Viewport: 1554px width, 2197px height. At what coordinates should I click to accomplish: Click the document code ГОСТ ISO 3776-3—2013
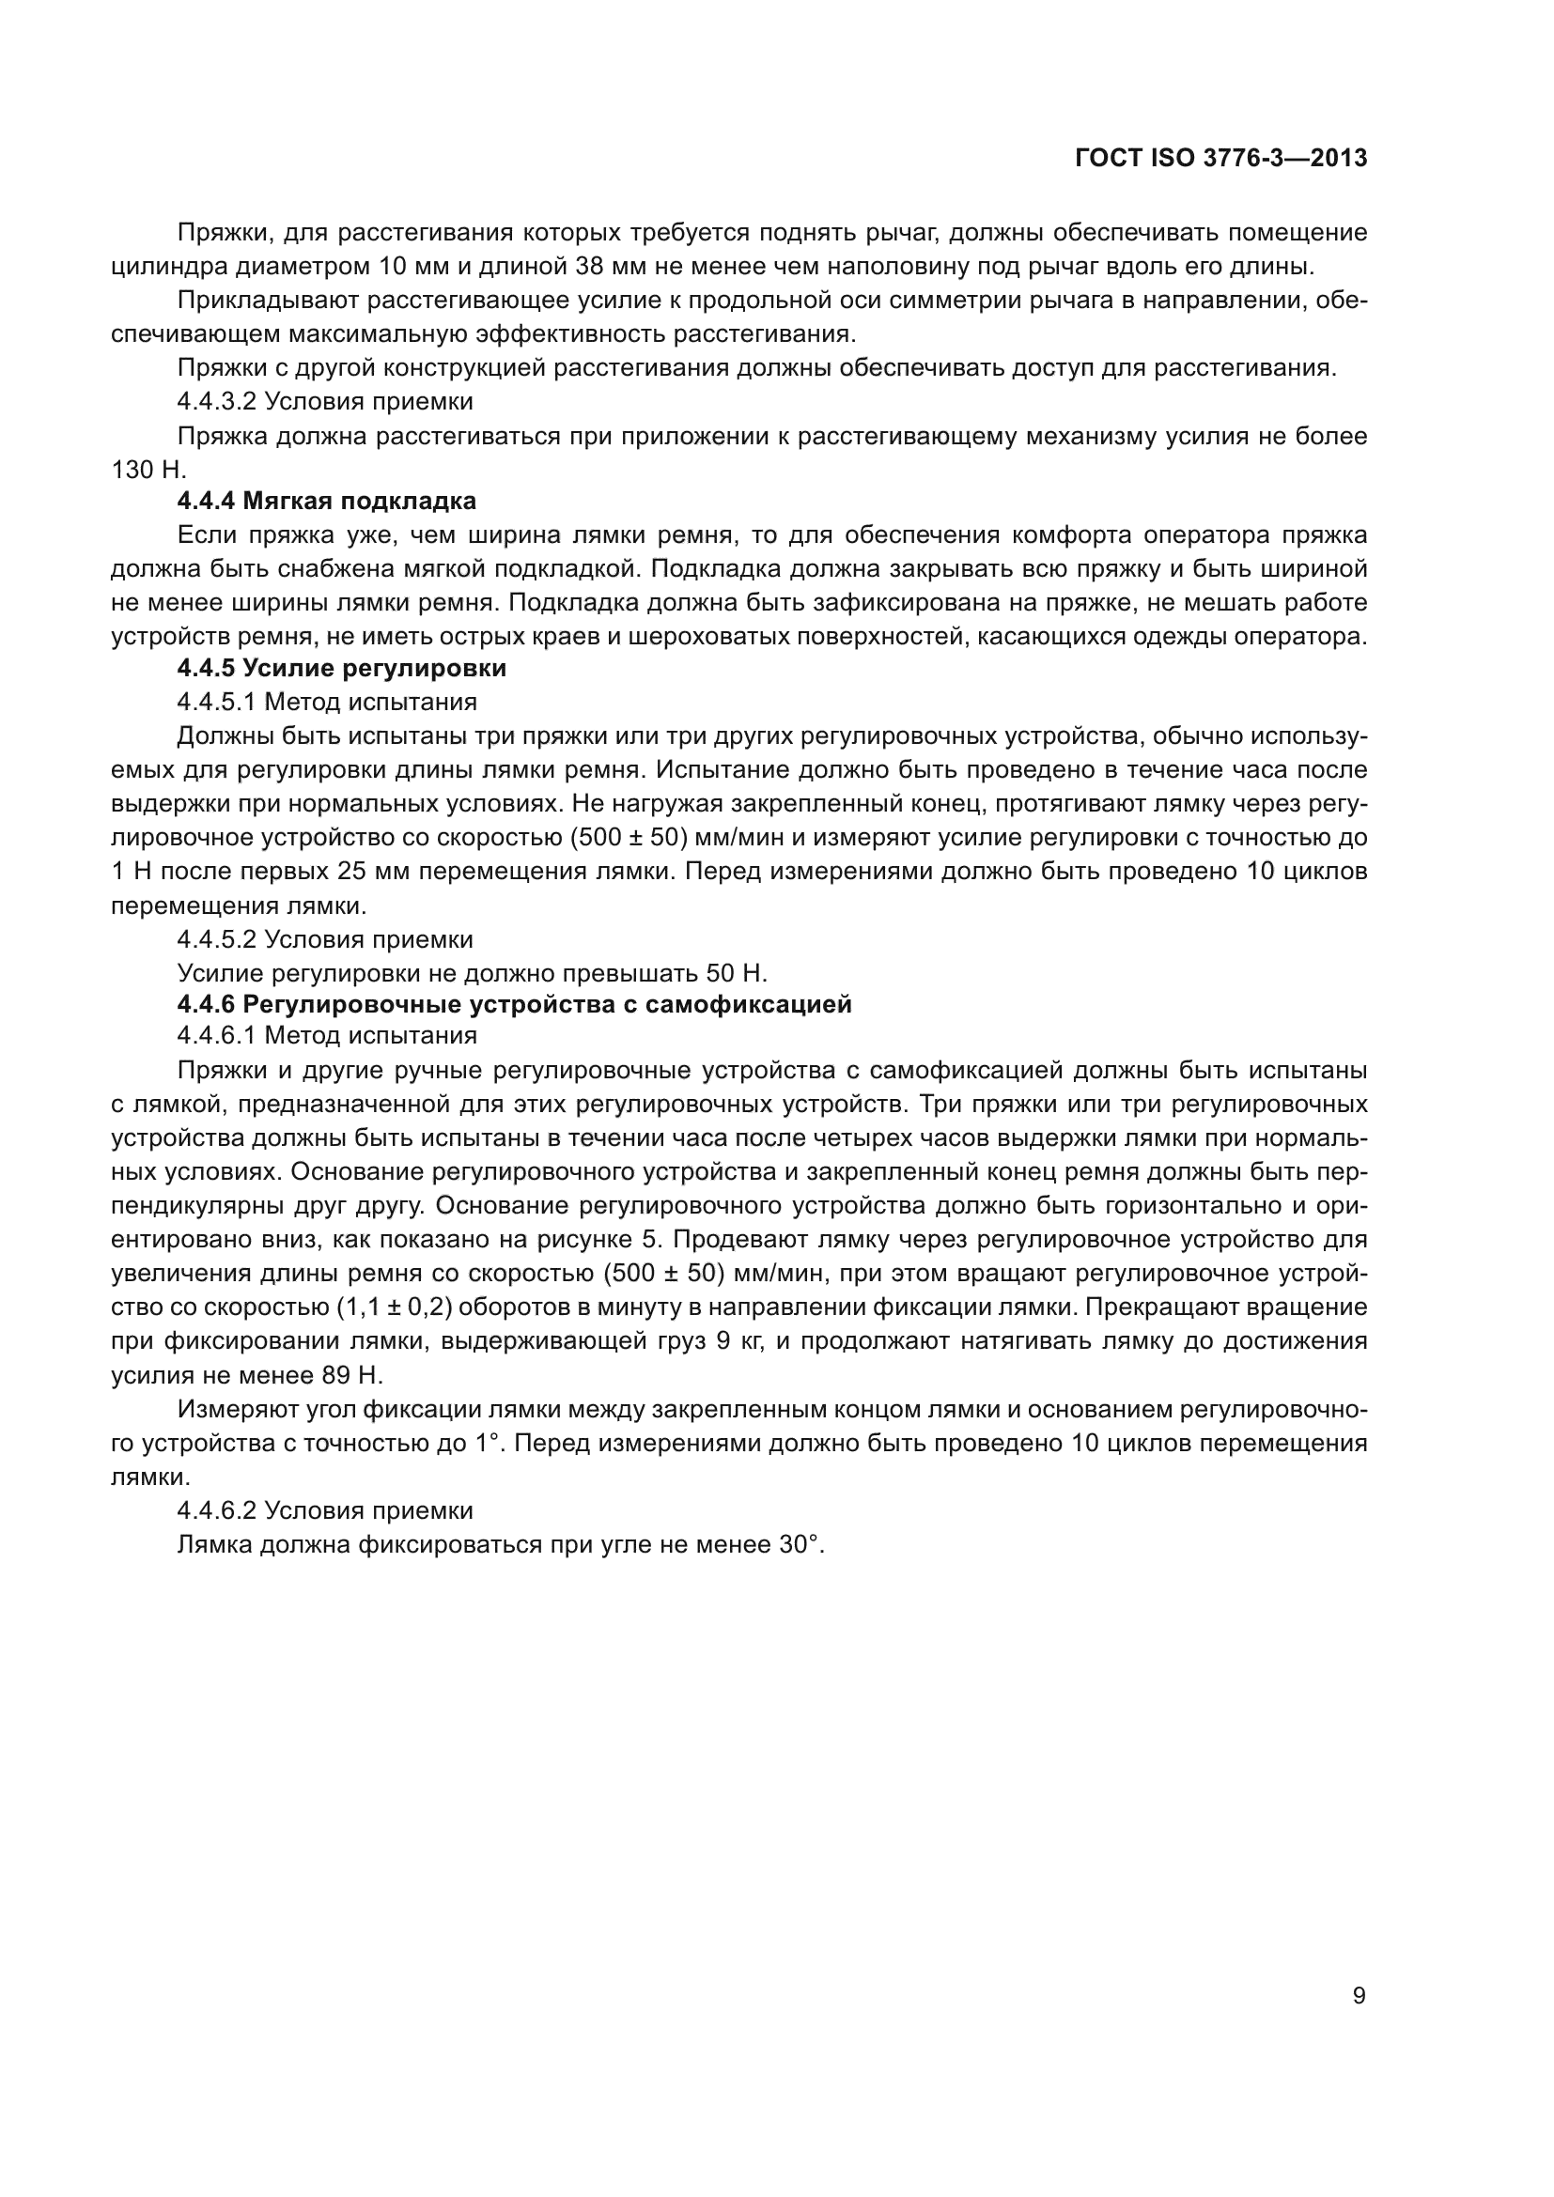click(1221, 159)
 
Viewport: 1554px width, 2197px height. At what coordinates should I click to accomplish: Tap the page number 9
click(1359, 1996)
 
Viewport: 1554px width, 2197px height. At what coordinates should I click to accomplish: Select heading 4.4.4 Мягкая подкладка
click(326, 502)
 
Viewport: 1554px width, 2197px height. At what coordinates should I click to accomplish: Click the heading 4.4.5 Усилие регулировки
click(342, 668)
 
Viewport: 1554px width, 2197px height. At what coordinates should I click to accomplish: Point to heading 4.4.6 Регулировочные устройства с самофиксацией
click(514, 1005)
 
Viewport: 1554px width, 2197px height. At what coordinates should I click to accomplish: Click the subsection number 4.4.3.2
click(216, 401)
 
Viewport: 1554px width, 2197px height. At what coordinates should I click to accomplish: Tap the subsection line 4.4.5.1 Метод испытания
click(326, 703)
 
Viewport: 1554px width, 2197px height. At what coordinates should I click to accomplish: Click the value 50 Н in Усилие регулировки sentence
click(737, 973)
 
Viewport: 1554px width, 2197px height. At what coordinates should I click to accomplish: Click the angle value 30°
click(800, 1544)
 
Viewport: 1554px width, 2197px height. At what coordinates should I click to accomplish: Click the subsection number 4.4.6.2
click(216, 1511)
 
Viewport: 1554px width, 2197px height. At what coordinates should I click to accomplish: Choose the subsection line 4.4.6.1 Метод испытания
click(326, 1035)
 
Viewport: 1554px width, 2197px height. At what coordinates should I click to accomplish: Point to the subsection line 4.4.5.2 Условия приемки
click(324, 939)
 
